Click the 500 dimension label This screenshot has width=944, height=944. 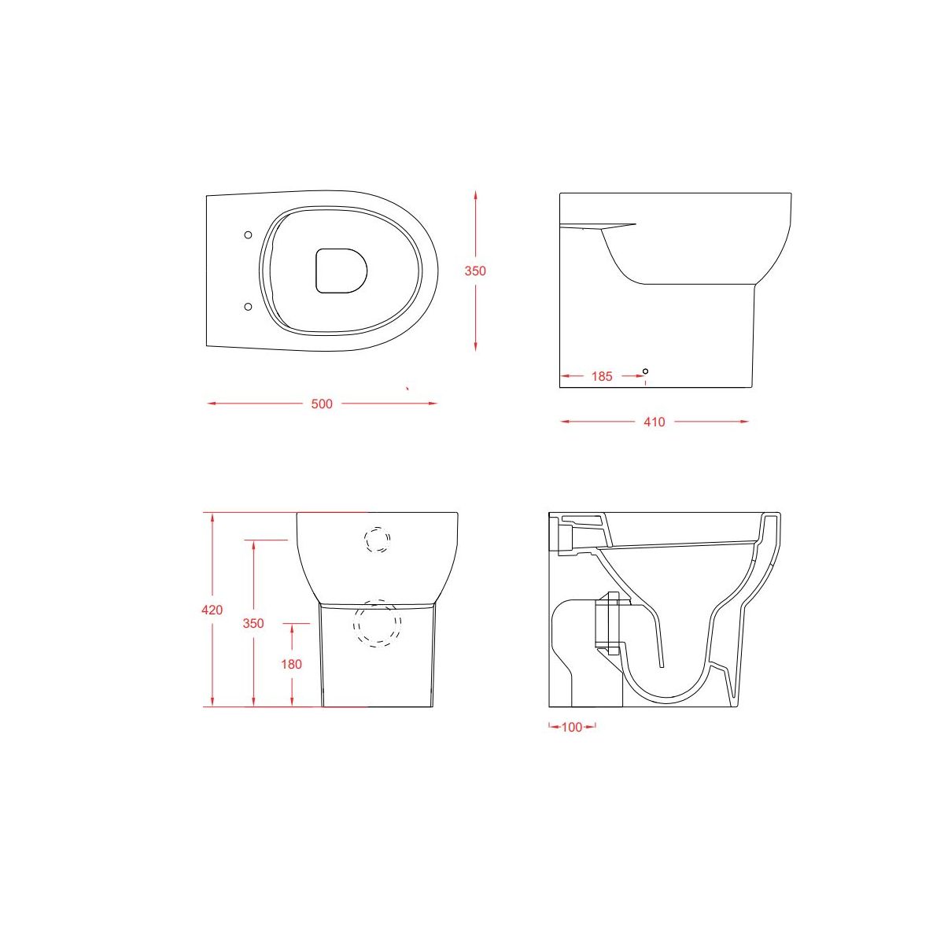(x=322, y=404)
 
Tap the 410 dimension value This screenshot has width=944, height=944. (x=655, y=422)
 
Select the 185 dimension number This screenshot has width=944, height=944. (x=602, y=377)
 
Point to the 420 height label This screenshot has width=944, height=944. (x=212, y=610)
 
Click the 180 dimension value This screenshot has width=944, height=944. (x=292, y=665)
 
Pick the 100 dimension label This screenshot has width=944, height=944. (x=572, y=728)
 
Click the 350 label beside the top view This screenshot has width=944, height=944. (x=475, y=271)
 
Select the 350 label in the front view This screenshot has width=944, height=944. (x=253, y=624)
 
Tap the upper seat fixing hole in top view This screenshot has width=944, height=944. (x=248, y=235)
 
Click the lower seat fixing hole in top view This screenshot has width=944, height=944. (x=248, y=307)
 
